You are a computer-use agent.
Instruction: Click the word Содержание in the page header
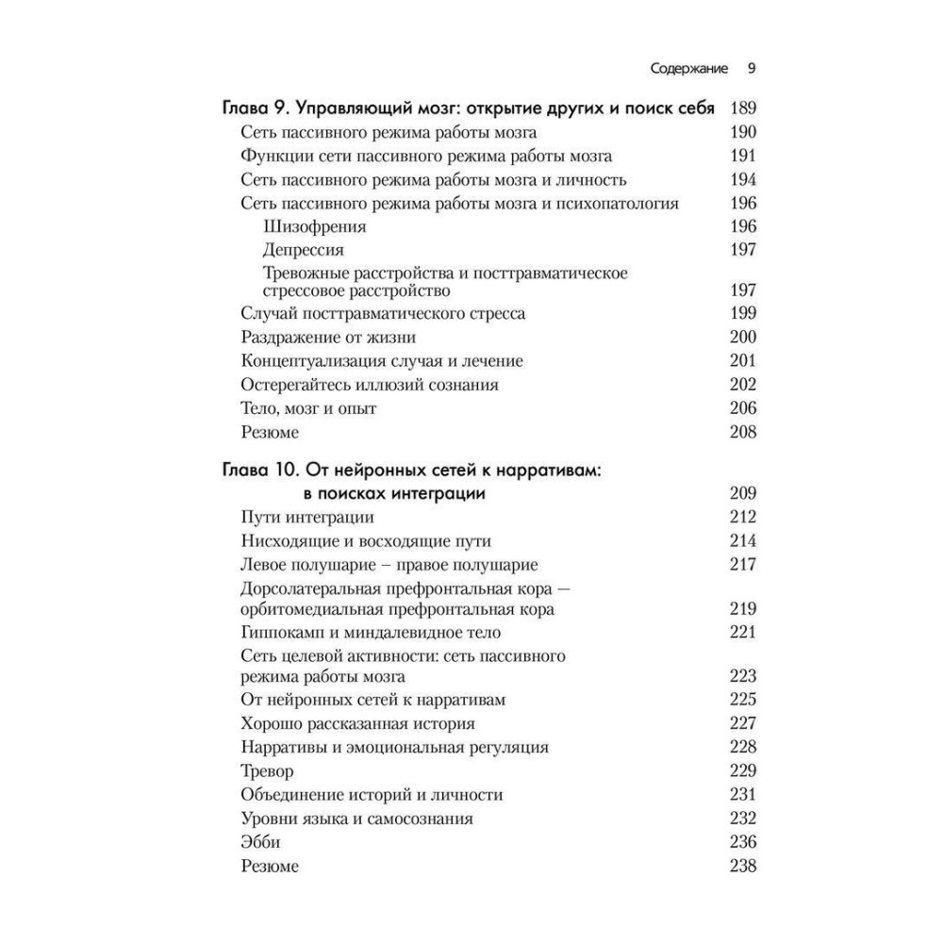coord(690,69)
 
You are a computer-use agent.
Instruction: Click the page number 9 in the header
coord(752,68)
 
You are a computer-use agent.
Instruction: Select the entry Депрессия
coord(303,250)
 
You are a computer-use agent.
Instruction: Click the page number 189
coord(743,108)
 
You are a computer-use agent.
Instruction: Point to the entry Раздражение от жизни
coord(328,337)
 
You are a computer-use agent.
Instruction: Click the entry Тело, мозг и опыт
coord(309,408)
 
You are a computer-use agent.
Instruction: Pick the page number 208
coord(743,433)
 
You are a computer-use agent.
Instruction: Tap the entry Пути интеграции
coord(307,517)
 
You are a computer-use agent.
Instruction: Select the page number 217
coord(743,565)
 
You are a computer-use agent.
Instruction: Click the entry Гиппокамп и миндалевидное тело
coord(371,632)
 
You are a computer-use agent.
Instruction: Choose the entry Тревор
coord(268,769)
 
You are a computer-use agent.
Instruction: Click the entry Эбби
coord(261,841)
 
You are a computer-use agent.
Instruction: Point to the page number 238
coord(743,866)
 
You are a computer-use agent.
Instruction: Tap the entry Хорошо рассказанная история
coord(357,723)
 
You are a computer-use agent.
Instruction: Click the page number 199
coord(743,313)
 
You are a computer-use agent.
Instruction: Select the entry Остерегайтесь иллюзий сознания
coord(370,385)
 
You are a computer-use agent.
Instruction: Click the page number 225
coord(743,700)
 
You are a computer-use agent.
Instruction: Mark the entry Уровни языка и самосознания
coord(356,818)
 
